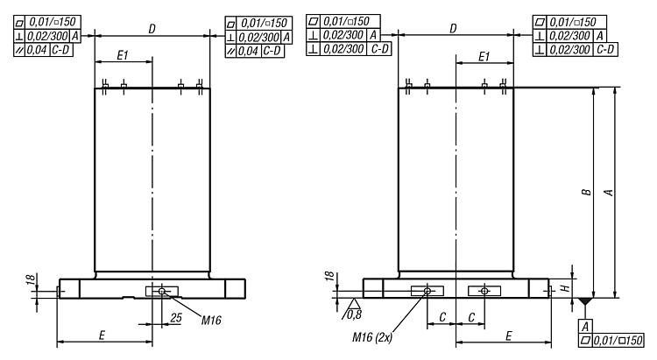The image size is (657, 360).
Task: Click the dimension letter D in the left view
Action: coord(152,29)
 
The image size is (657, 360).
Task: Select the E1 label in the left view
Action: coord(123,55)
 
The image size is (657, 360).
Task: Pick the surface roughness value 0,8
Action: coord(356,313)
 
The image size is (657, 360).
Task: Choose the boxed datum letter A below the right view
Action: coord(585,326)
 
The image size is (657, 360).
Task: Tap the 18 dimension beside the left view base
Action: coord(30,279)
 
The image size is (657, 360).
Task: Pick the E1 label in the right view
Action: coord(484,55)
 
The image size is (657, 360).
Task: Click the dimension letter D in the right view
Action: coord(453,29)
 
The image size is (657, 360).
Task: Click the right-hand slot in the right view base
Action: coord(484,290)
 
